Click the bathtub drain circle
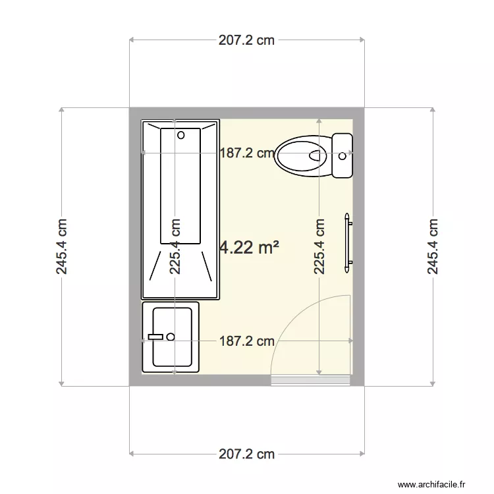[180, 135]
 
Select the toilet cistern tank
[343, 155]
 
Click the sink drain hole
[171, 337]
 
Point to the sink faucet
[155, 337]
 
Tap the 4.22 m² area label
[249, 248]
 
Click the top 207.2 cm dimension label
[246, 40]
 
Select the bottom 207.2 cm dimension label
[246, 454]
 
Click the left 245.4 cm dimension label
[62, 246]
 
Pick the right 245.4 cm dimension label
[433, 246]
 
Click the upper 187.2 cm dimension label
[246, 153]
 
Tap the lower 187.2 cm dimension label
[246, 341]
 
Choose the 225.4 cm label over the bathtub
[175, 246]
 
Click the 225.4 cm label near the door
[319, 246]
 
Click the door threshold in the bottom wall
[310, 380]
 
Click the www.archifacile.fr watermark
[436, 484]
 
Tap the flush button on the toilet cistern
[342, 156]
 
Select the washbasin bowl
[173, 337]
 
